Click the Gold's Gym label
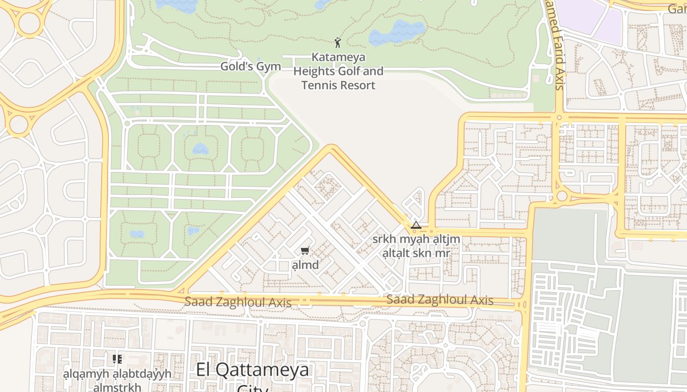(250, 67)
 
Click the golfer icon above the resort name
(338, 43)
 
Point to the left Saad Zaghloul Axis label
(238, 302)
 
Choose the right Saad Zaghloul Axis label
(440, 300)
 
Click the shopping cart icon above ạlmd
(305, 251)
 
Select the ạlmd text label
(305, 265)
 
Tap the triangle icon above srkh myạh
(416, 225)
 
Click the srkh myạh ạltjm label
(416, 239)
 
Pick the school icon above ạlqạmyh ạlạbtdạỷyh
(117, 360)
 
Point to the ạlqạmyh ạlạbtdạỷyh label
(117, 373)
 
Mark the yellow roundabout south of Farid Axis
(562, 196)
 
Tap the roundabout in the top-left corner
(28, 22)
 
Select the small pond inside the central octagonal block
(200, 148)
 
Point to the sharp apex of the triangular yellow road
(332, 147)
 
